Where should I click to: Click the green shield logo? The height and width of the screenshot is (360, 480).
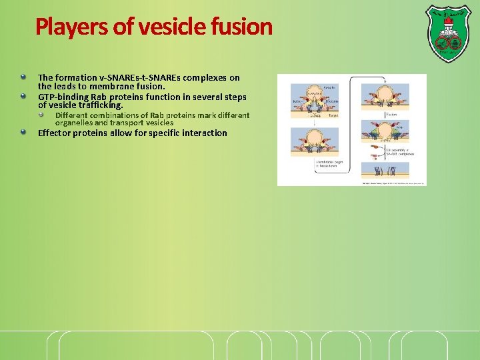tap(447, 33)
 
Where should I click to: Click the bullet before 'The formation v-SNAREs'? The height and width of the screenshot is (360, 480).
tap(24, 77)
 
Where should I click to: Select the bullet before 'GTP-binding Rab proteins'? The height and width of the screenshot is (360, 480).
tap(24, 96)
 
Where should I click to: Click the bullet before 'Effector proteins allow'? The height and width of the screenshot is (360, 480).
tap(24, 132)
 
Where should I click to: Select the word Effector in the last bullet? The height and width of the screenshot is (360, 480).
tap(54, 133)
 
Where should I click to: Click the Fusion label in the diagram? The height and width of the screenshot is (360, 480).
tap(391, 114)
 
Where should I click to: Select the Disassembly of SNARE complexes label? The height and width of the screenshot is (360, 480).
tap(400, 151)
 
